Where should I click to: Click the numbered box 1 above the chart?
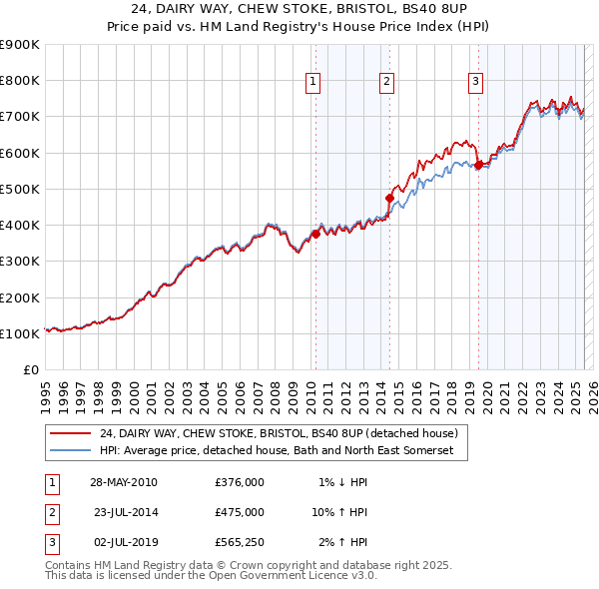pyautogui.click(x=313, y=82)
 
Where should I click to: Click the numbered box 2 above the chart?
pyautogui.click(x=386, y=82)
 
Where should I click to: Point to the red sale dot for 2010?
pyautogui.click(x=315, y=234)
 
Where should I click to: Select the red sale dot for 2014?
pyautogui.click(x=389, y=198)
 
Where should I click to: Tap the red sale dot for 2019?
pyautogui.click(x=478, y=165)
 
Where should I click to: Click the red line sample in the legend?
pyautogui.click(x=71, y=434)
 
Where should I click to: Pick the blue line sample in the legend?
pyautogui.click(x=71, y=451)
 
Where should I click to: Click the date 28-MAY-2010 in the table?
pyautogui.click(x=123, y=482)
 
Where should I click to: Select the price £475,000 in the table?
pyautogui.click(x=240, y=513)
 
